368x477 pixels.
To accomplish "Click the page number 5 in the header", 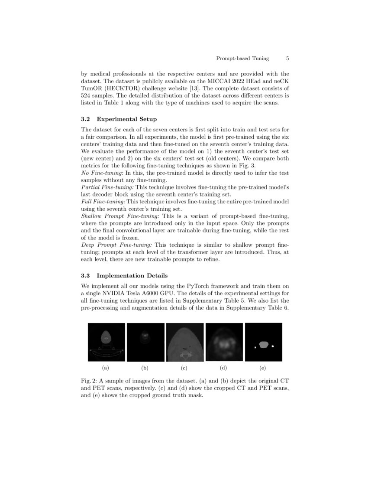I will point(287,58).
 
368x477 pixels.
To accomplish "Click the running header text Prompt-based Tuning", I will point(242,58).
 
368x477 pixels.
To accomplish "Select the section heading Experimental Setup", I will point(127,119).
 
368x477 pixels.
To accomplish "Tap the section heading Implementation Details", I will point(132,275).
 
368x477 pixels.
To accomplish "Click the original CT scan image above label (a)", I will point(106,342).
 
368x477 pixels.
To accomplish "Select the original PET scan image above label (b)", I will point(145,342).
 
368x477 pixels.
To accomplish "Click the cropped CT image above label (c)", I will point(185,342).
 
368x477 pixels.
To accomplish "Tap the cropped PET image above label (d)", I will point(224,342).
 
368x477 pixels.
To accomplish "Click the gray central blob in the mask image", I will point(264,344).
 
